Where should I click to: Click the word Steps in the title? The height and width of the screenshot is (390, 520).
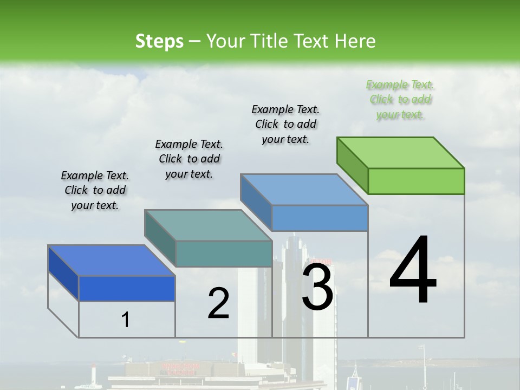click(x=159, y=41)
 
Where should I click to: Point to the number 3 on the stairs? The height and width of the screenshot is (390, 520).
click(x=317, y=285)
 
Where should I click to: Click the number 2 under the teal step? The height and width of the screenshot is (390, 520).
click(x=218, y=303)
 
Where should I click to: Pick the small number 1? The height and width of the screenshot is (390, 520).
click(x=125, y=320)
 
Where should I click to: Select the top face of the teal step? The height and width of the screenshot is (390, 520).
click(x=209, y=225)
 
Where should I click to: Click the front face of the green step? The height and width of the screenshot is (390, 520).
click(x=416, y=181)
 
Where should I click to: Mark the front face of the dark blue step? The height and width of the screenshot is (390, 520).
click(x=127, y=288)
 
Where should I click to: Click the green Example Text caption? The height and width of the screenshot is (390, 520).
click(x=400, y=100)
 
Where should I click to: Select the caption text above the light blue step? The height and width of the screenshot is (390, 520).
click(x=285, y=124)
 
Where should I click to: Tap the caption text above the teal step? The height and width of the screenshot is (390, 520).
click(x=189, y=159)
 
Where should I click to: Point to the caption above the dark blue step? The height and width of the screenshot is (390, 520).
click(x=95, y=190)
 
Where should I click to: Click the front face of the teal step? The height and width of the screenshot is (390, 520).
click(x=224, y=253)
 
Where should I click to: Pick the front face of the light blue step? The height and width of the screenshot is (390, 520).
click(x=320, y=218)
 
